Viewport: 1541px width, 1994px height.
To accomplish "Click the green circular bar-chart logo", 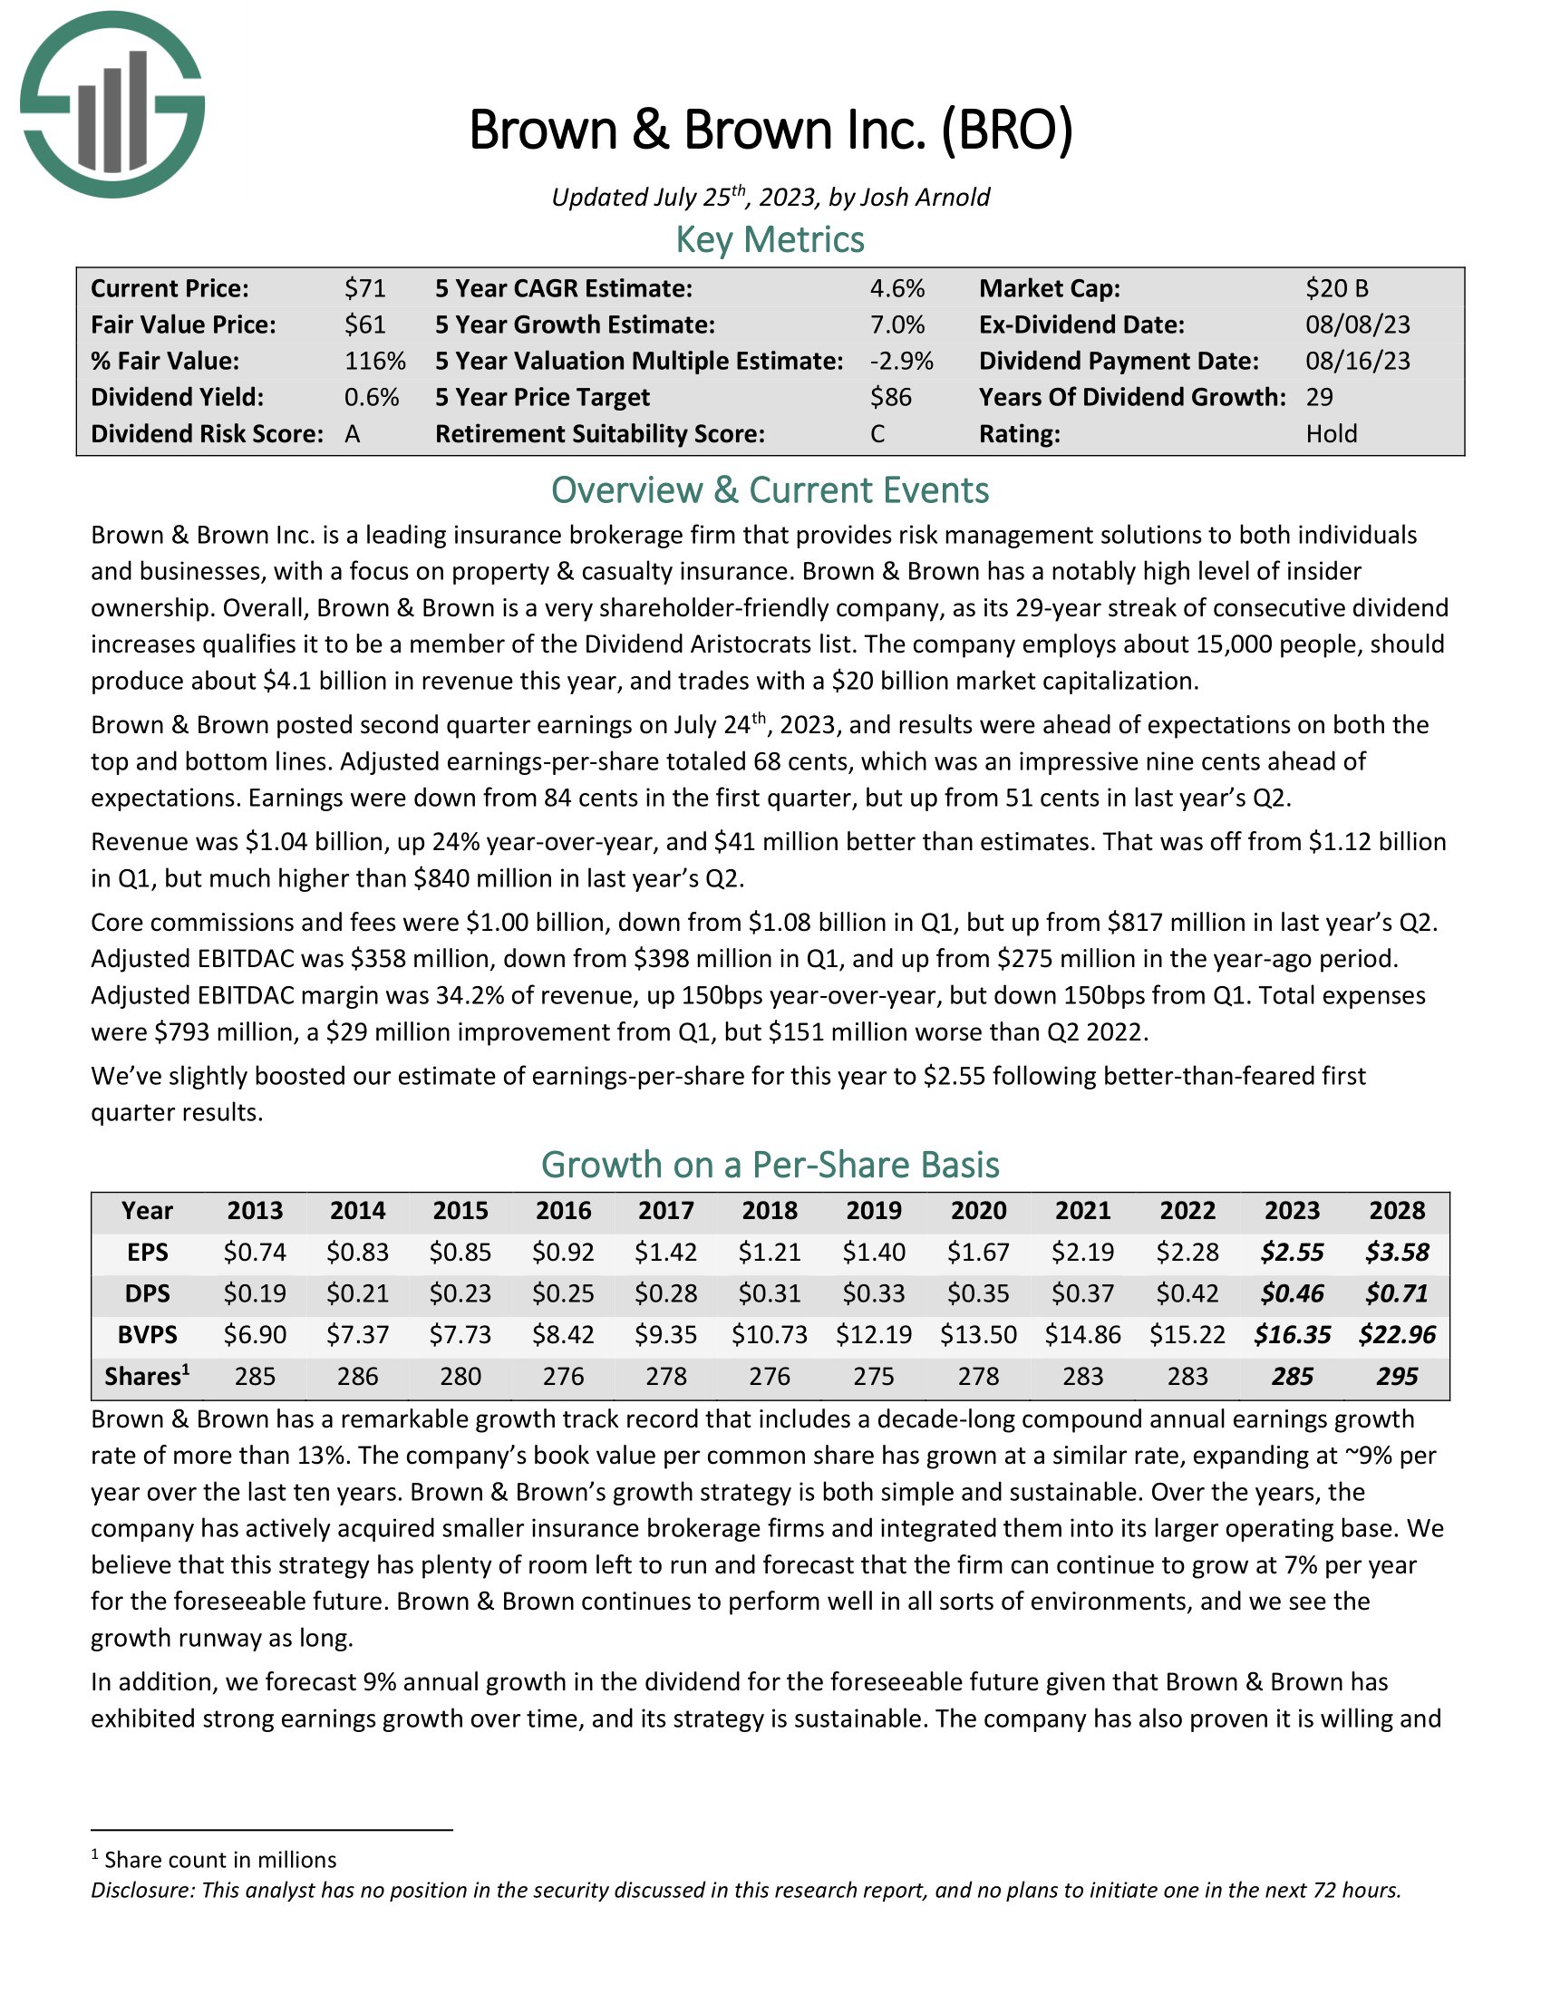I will click(x=112, y=104).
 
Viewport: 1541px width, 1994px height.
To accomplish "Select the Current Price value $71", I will click(x=365, y=288).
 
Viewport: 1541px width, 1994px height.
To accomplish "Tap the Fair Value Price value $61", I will click(x=365, y=325).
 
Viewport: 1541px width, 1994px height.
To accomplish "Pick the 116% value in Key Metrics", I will click(x=374, y=361).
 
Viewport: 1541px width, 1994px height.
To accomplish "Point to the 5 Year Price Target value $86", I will click(x=891, y=397).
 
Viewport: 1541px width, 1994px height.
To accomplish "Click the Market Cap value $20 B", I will click(x=1336, y=288).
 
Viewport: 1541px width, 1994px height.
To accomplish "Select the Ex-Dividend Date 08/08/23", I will click(x=1358, y=325).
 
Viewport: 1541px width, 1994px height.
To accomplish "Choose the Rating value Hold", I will click(x=1331, y=433).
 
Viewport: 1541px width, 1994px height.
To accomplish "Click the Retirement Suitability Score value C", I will click(x=877, y=433).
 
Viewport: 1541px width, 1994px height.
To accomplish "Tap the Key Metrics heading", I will click(x=770, y=239).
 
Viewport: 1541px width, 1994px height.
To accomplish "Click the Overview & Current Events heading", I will click(x=770, y=490).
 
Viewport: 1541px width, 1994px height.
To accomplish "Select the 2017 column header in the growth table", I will click(x=665, y=1211).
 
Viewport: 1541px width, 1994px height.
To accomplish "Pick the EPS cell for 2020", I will click(x=978, y=1252).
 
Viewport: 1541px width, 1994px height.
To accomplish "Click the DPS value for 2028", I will click(x=1397, y=1292).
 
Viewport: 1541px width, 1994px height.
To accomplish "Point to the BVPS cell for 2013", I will click(x=255, y=1335).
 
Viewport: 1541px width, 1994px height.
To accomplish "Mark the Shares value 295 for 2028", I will click(x=1397, y=1376).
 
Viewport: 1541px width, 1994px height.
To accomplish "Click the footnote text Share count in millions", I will click(x=220, y=1860).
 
